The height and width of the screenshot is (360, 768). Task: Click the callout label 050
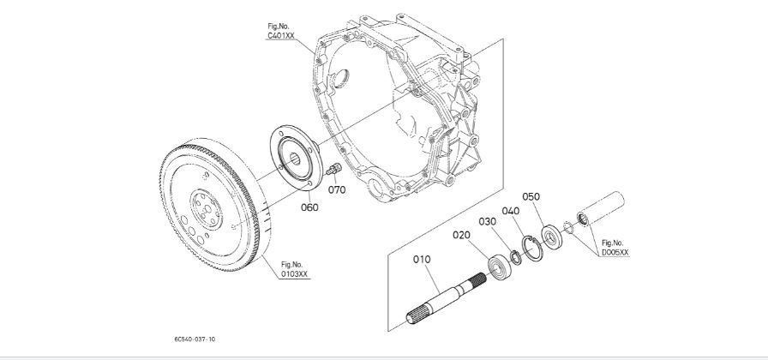(531, 196)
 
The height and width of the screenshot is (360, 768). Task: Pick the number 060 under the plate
(308, 207)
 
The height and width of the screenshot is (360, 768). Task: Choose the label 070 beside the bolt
(337, 189)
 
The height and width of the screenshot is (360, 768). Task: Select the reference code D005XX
(615, 253)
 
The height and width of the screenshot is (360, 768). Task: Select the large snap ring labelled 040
(532, 250)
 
